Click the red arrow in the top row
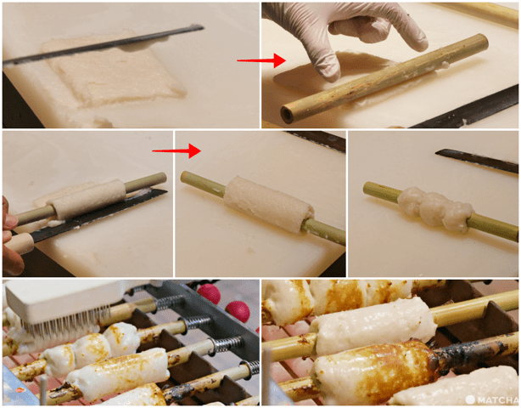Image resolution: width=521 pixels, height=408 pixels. [261, 60]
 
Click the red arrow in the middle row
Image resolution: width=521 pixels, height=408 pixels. [176, 150]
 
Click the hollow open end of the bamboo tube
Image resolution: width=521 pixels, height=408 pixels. [287, 115]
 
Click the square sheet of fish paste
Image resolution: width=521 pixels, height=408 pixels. [114, 71]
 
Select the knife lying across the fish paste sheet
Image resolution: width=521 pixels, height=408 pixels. [103, 45]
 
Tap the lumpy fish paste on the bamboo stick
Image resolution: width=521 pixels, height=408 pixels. [434, 208]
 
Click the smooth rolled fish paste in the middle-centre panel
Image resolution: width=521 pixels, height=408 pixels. [268, 204]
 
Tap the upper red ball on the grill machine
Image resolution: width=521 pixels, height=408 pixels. [209, 293]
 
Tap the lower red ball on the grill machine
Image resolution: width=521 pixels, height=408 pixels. [238, 311]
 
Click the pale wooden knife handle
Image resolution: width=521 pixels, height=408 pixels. [20, 243]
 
